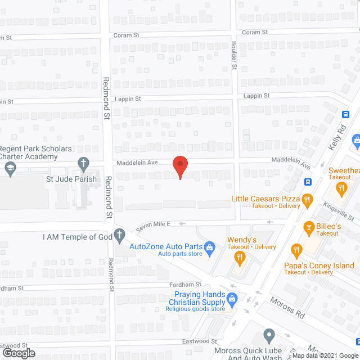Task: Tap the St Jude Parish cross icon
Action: pyautogui.click(x=83, y=165)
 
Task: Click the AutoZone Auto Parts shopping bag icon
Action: pyautogui.click(x=209, y=246)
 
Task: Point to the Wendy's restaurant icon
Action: pyautogui.click(x=240, y=258)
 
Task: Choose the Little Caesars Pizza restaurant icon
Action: pyautogui.click(x=307, y=199)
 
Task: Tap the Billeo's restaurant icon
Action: pyautogui.click(x=308, y=228)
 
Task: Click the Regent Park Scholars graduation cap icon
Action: pyautogui.click(x=10, y=167)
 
